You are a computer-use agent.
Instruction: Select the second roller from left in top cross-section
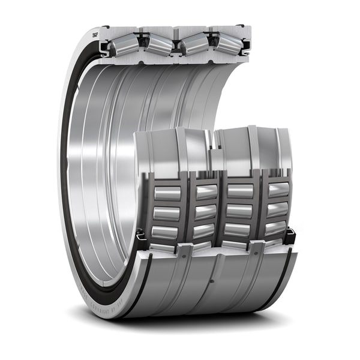click(x=158, y=43)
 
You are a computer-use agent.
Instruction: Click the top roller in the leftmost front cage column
click(x=167, y=193)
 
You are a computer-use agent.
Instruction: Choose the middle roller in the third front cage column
click(x=240, y=211)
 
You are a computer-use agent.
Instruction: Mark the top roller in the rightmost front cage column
click(x=278, y=190)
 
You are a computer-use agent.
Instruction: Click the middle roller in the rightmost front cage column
click(x=277, y=209)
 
